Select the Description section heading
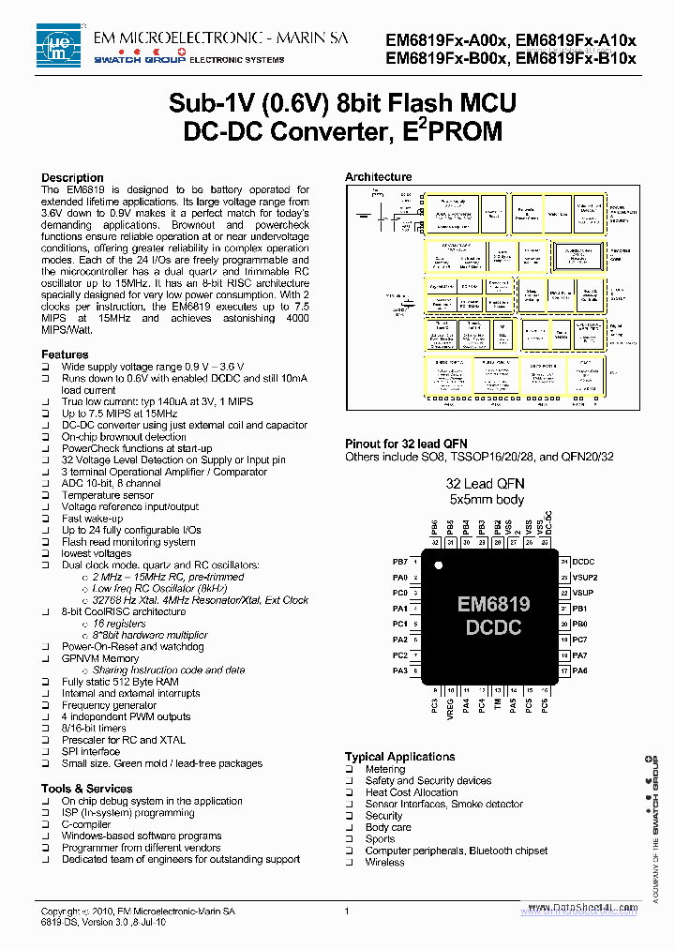click(x=72, y=178)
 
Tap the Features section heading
click(x=65, y=354)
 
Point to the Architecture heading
click(x=378, y=176)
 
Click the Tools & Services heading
click(x=86, y=789)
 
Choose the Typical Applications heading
click(x=399, y=757)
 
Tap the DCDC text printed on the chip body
click(x=493, y=627)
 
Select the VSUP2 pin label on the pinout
click(x=585, y=578)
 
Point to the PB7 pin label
click(x=400, y=561)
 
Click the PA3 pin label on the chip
click(x=400, y=670)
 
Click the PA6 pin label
click(x=580, y=670)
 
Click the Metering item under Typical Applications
click(x=385, y=769)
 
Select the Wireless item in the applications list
click(x=385, y=862)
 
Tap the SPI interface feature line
click(x=91, y=751)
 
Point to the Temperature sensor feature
click(x=108, y=495)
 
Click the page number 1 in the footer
click(x=347, y=911)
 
